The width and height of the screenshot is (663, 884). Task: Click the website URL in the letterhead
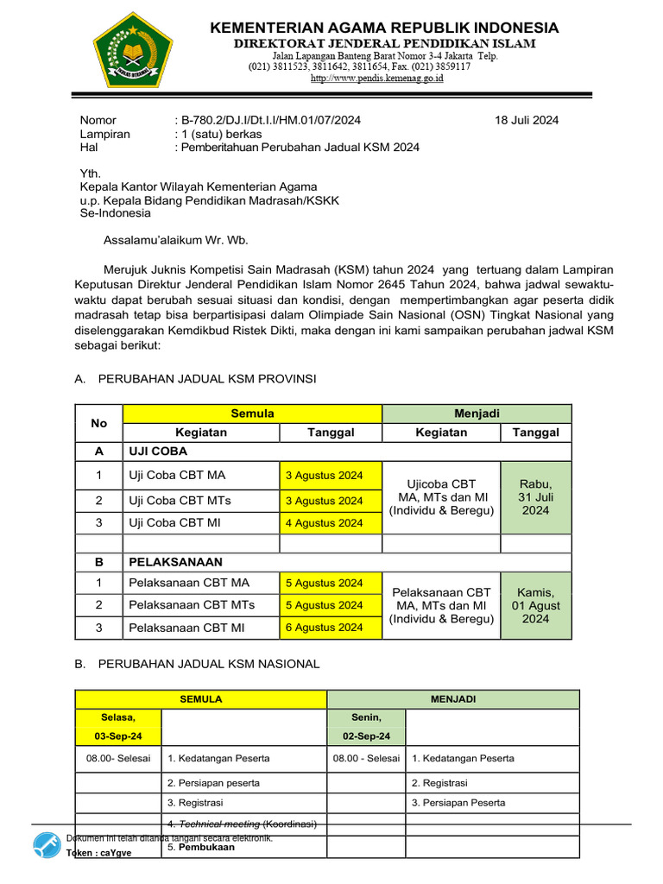point(376,78)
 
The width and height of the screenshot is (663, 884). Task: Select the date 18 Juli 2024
point(527,120)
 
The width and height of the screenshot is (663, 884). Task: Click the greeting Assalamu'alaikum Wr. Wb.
point(175,240)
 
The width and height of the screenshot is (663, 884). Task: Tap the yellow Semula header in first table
point(252,414)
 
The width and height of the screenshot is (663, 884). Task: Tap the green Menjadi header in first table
point(477,414)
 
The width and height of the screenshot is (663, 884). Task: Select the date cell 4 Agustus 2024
point(325,523)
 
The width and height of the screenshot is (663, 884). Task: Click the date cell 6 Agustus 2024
point(325,628)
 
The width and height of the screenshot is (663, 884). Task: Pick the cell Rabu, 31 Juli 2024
point(535,497)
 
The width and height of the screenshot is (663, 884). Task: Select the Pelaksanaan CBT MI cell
point(186,628)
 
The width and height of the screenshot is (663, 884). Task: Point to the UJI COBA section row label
point(158,451)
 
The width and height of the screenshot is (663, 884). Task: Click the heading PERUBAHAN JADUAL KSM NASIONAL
point(209,663)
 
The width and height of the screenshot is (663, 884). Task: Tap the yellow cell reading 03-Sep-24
point(118,736)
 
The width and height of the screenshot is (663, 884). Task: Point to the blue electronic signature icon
point(46,847)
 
